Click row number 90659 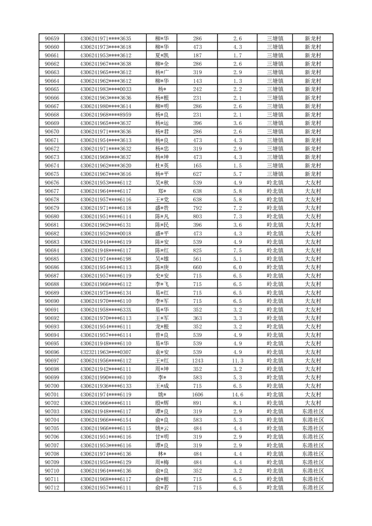click(x=52, y=38)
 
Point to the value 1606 click(x=198, y=394)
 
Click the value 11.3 click(x=238, y=361)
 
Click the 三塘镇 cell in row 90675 click(x=275, y=174)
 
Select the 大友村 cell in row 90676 click(x=312, y=182)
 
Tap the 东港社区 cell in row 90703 click(x=312, y=411)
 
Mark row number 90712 click(x=52, y=488)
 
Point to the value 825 click(x=198, y=250)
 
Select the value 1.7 click(x=238, y=55)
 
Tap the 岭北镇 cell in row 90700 click(x=275, y=386)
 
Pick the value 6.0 click(x=238, y=267)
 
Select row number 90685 click(x=52, y=259)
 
